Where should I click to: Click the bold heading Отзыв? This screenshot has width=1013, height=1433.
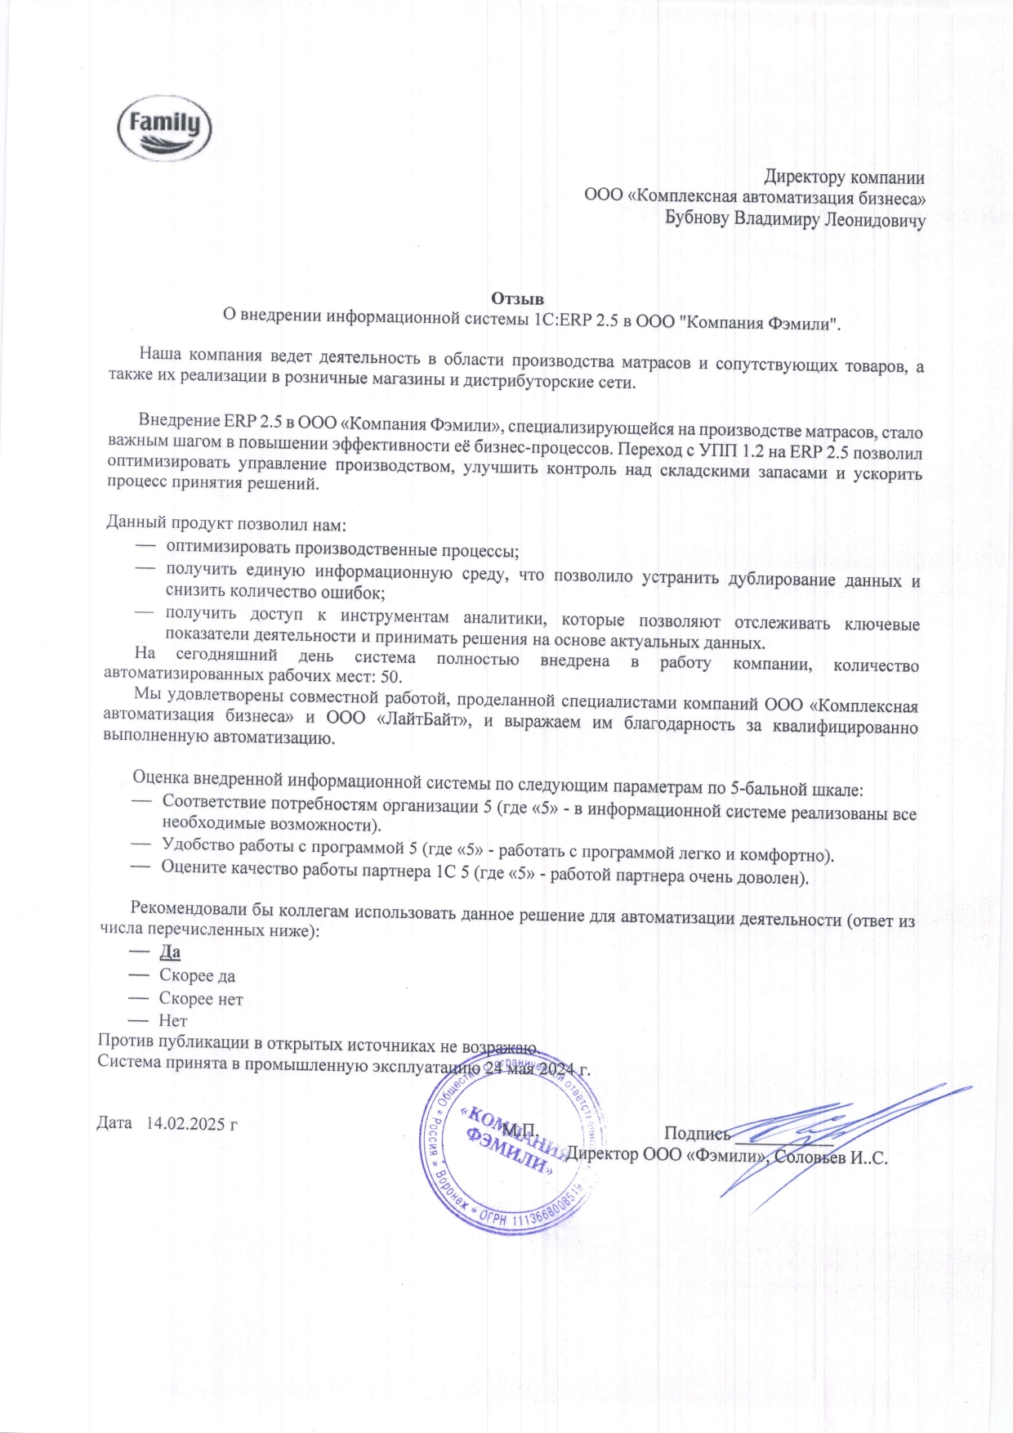(517, 298)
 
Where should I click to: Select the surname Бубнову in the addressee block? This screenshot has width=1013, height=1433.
(696, 219)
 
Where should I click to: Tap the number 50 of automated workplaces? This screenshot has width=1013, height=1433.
(391, 678)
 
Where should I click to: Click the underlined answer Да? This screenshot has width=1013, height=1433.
(170, 952)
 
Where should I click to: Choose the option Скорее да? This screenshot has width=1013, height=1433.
(197, 976)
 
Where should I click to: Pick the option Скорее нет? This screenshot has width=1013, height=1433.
(201, 999)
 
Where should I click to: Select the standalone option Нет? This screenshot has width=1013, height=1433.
(173, 1021)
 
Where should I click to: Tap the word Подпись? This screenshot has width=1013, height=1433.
(696, 1133)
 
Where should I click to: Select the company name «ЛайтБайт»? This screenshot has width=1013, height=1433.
(422, 719)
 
